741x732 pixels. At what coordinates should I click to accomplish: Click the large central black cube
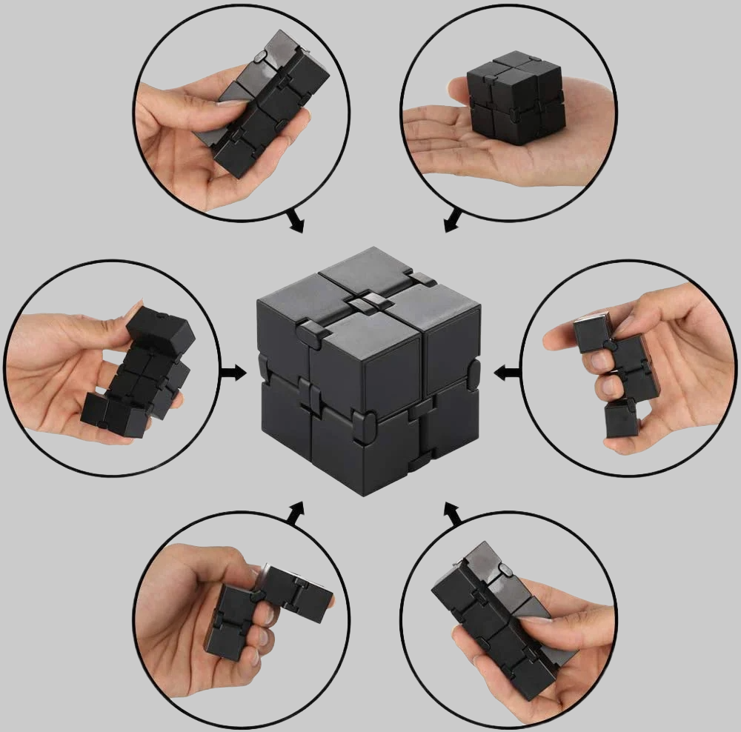pyautogui.click(x=368, y=370)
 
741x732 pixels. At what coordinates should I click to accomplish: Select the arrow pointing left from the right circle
pyautogui.click(x=507, y=372)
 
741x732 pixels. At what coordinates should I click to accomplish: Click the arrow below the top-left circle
pyautogui.click(x=295, y=221)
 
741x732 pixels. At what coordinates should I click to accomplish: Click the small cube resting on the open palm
pyautogui.click(x=515, y=98)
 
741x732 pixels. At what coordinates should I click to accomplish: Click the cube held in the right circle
pyautogui.click(x=614, y=370)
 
